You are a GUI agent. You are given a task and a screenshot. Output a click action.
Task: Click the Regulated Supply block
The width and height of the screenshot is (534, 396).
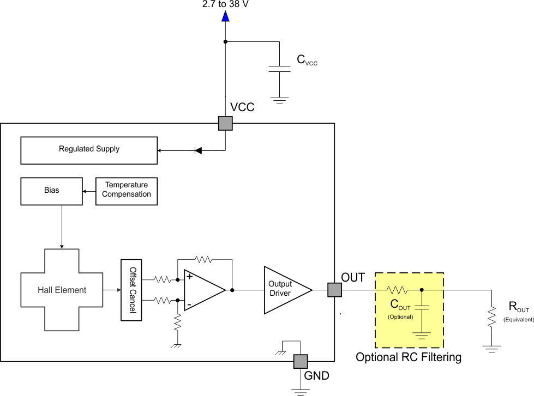tap(89, 150)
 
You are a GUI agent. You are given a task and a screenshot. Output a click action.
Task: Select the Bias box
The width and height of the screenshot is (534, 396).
tap(51, 191)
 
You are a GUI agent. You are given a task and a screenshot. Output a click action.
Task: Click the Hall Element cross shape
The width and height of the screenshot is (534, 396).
tap(62, 290)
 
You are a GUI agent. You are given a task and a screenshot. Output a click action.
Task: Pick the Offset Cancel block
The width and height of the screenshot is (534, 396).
tap(131, 290)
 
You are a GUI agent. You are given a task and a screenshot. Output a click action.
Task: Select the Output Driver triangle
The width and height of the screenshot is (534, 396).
tap(284, 290)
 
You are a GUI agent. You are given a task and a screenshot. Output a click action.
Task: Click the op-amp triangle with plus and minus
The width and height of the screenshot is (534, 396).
tap(202, 290)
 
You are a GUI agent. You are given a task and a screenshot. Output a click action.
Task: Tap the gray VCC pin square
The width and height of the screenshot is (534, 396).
tap(225, 123)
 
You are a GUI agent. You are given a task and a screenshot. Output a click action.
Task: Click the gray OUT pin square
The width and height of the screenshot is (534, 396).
tap(334, 290)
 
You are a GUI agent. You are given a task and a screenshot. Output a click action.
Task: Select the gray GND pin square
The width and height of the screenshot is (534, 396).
tap(301, 361)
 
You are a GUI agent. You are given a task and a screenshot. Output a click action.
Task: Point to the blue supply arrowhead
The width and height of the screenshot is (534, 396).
tap(225, 16)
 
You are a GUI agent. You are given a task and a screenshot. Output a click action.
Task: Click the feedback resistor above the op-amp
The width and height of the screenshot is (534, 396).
tap(203, 260)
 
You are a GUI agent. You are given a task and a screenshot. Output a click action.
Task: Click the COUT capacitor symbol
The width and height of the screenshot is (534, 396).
tap(421, 309)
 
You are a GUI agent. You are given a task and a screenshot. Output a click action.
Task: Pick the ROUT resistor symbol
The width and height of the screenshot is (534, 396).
tap(491, 315)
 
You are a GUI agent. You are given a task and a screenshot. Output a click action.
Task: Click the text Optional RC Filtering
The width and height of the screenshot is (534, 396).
tap(409, 357)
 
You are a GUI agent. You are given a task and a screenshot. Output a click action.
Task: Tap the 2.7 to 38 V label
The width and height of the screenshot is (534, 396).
tap(225, 5)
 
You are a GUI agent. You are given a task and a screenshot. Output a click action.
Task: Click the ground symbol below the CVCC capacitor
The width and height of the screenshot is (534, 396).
tap(280, 100)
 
